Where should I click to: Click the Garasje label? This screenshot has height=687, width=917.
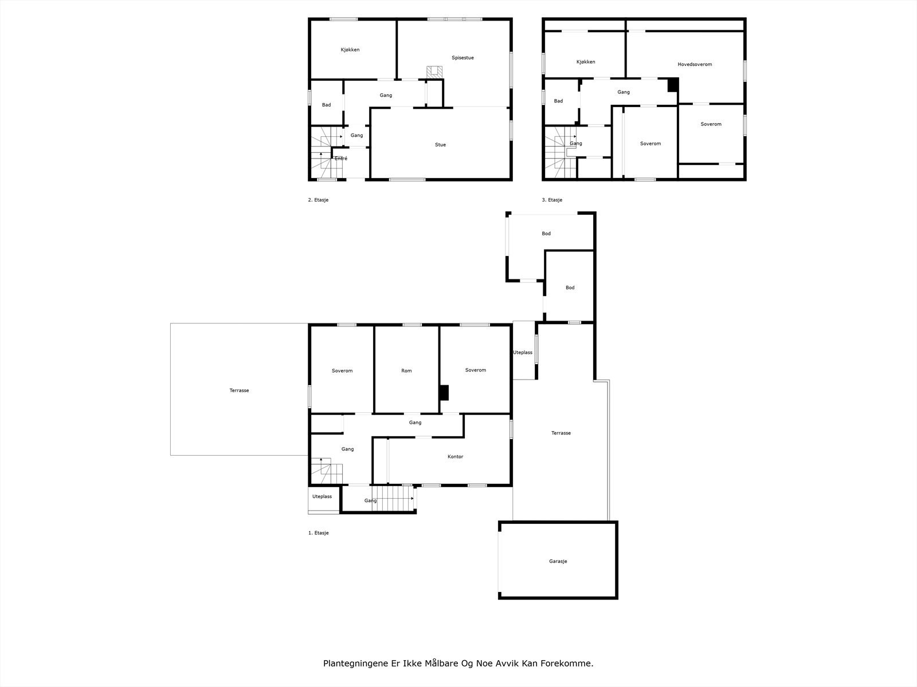558,561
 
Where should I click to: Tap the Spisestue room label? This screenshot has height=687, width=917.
463,58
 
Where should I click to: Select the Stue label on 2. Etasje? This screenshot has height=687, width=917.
440,145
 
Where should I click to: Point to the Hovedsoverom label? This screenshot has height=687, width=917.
695,64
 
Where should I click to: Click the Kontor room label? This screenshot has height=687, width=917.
456,456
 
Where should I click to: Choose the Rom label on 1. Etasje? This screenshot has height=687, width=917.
406,370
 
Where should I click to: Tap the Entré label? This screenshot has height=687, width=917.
341,159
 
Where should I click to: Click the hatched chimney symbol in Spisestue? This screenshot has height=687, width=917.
434,72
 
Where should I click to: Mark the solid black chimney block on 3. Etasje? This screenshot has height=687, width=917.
673,85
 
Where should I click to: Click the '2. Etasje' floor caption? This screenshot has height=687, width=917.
318,200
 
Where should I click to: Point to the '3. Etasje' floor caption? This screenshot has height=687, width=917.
552,200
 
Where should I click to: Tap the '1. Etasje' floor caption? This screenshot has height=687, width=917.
318,532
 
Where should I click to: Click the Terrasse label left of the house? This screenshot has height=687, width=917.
239,390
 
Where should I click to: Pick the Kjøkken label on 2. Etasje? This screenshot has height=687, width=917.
350,50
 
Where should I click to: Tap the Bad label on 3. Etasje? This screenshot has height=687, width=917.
558,101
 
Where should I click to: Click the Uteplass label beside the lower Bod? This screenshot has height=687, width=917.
523,353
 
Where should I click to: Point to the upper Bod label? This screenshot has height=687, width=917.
546,234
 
